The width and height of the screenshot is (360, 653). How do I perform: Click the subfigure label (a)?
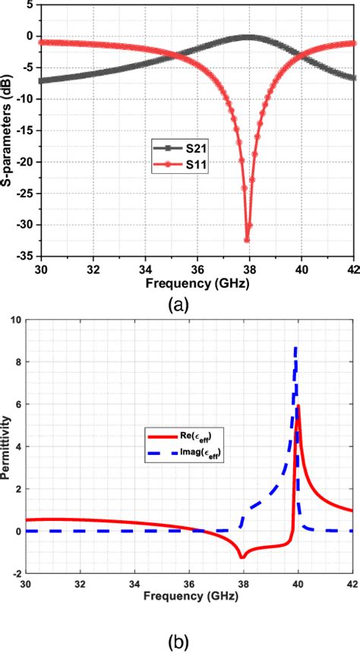point(178,305)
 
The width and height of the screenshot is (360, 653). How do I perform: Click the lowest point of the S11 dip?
point(247,240)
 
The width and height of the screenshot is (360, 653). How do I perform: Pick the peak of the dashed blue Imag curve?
point(295,347)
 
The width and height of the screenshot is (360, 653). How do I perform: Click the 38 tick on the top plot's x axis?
point(249,268)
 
